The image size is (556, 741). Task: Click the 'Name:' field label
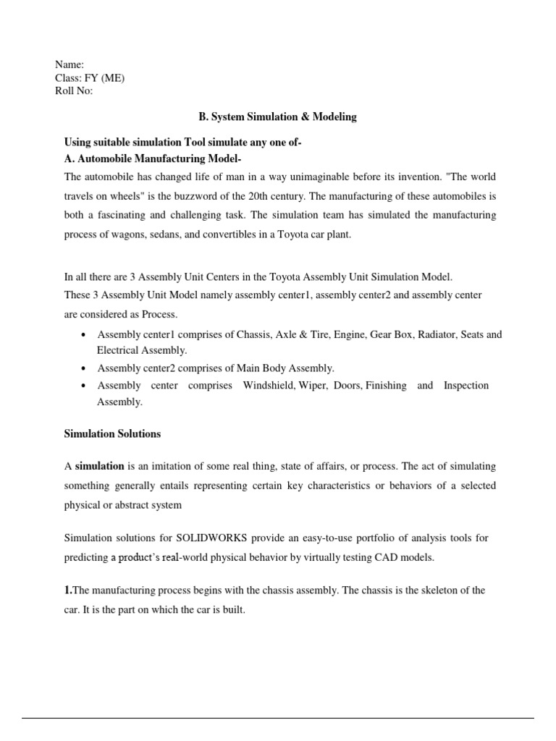(x=69, y=65)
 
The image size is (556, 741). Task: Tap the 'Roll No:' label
(x=74, y=91)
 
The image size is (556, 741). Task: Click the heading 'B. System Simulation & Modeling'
(x=278, y=117)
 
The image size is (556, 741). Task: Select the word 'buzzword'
(x=206, y=196)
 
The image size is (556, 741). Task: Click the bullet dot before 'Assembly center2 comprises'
(x=86, y=368)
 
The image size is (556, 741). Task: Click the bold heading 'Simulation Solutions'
(x=112, y=434)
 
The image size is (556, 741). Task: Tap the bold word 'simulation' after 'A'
(x=100, y=466)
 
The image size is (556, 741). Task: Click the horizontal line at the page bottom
(x=278, y=718)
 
